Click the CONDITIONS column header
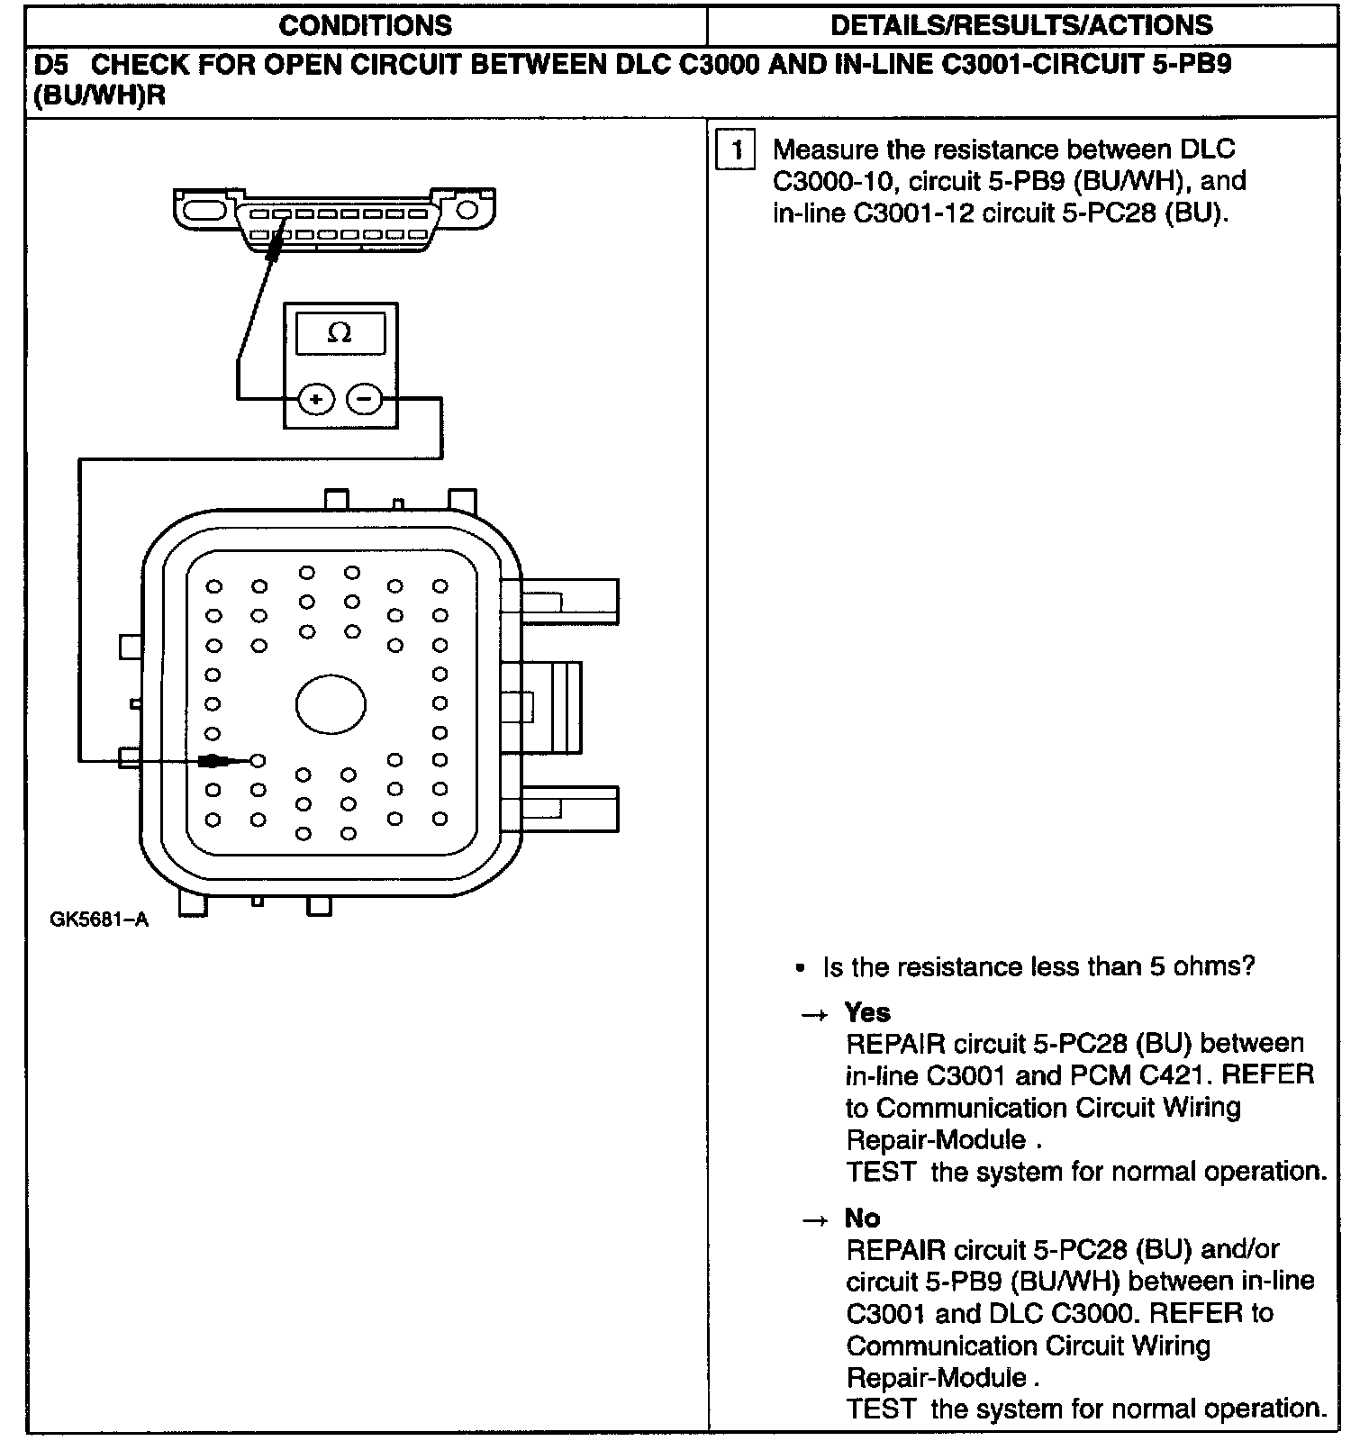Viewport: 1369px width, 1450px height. tap(365, 25)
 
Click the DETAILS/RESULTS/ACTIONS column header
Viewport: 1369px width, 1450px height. tap(1021, 25)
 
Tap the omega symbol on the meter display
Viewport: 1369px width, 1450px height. tap(340, 333)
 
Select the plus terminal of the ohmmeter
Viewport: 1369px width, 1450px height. tap(315, 398)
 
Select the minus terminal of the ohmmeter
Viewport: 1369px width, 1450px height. tap(365, 398)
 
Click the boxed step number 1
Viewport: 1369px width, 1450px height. tap(735, 150)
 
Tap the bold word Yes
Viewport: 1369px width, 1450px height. tap(867, 1012)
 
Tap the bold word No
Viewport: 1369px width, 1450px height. tap(862, 1218)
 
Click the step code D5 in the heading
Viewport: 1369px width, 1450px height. tap(52, 65)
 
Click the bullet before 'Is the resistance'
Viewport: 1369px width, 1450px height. tap(800, 968)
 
